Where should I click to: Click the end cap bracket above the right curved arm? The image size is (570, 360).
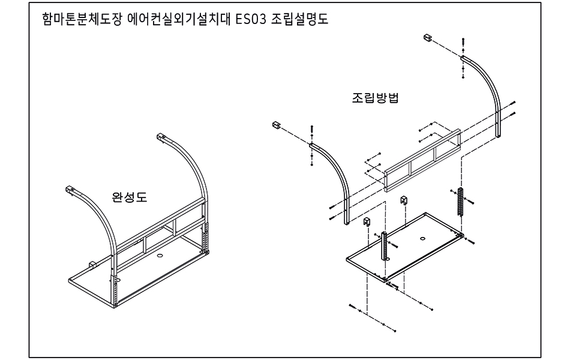(x=428, y=38)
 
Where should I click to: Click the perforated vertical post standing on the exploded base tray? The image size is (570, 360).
(x=383, y=245)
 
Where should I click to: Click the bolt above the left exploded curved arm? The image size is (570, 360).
(x=312, y=130)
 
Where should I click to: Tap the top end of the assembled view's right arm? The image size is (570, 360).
(x=161, y=137)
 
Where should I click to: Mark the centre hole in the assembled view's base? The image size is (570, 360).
(x=160, y=255)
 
